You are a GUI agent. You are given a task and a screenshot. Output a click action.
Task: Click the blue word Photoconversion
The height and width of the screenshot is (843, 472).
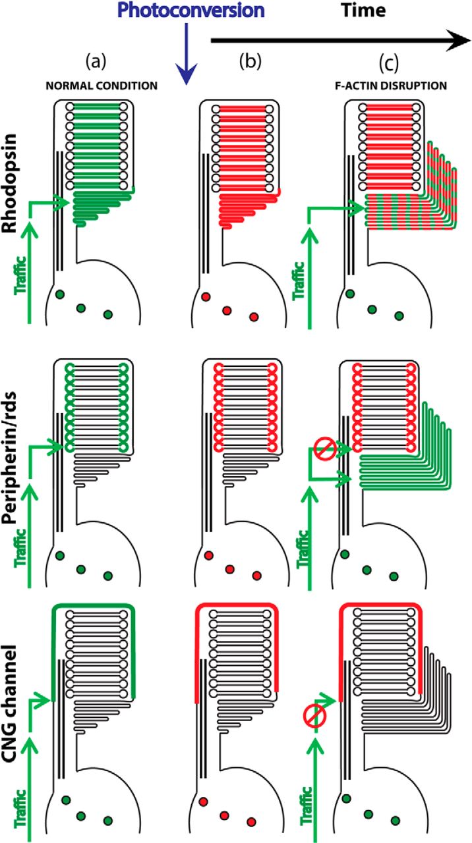pos(191,10)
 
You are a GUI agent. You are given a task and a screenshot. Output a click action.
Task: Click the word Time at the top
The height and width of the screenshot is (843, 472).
pos(363,10)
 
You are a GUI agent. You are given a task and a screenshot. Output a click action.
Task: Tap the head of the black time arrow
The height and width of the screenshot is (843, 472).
pos(459,41)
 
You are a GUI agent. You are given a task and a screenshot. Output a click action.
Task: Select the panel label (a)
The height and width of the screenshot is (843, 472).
pos(96,61)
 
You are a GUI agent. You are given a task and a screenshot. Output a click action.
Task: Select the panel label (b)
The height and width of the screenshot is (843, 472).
pos(250,61)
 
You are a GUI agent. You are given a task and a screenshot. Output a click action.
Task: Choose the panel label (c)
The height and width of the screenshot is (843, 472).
pos(389,63)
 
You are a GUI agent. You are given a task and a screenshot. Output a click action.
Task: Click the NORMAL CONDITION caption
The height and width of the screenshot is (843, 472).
pos(102,86)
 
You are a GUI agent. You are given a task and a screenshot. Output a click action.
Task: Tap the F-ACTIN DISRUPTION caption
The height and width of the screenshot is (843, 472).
pos(391,86)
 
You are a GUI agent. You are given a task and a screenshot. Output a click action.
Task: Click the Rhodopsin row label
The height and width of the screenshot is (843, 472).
pos(10,183)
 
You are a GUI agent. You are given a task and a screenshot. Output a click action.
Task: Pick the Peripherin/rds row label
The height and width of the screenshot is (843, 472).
pos(10,458)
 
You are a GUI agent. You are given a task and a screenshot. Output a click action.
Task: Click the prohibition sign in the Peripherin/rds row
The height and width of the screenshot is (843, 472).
pos(325,449)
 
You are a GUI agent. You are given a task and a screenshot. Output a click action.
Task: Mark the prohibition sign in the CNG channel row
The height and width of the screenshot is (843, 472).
pos(314,716)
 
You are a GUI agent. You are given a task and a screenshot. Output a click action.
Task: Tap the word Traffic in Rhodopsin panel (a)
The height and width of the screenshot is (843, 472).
pos(20,275)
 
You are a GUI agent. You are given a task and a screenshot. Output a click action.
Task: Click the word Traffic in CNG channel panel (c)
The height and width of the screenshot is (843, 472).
pos(307,805)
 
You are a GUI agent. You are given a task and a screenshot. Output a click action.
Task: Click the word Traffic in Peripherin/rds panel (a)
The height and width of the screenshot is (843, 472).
pos(20,548)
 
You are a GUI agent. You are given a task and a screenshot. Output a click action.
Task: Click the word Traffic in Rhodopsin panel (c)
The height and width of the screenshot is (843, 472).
pos(299,281)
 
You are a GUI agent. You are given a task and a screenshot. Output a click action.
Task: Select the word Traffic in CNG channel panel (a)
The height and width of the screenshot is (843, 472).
pos(20,808)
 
